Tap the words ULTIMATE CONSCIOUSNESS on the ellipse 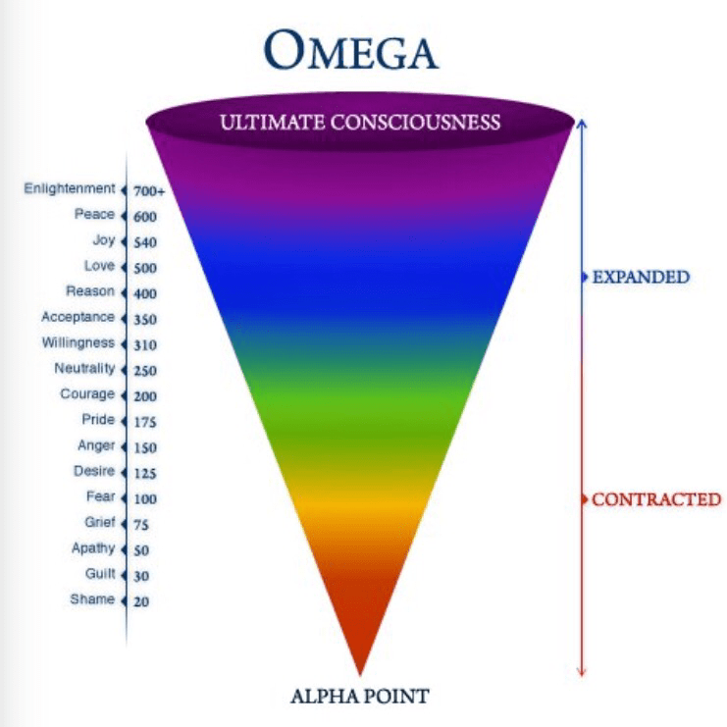(360, 123)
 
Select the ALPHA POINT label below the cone (359, 697)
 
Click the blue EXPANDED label (641, 277)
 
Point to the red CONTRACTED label (655, 499)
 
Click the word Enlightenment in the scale (70, 188)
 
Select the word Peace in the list (94, 214)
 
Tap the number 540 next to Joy (145, 242)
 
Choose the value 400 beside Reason (145, 293)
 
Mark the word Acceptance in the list (78, 317)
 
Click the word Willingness (78, 342)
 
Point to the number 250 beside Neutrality (145, 371)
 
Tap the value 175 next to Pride (145, 422)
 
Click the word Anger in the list (96, 445)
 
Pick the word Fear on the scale (100, 496)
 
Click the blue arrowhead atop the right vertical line (581, 125)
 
